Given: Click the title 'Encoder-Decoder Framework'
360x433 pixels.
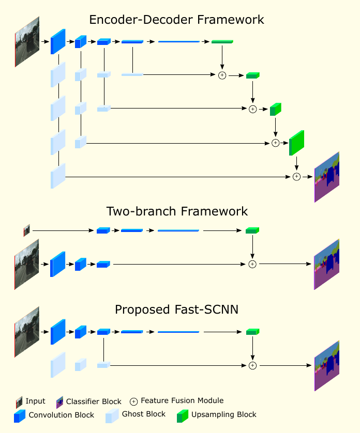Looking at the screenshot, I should tap(177, 20).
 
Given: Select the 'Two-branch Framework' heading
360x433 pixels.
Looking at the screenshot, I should tap(177, 211).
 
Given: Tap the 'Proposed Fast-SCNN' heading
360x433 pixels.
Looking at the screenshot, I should tap(177, 310).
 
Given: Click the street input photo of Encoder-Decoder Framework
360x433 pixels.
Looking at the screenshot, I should tap(27, 42).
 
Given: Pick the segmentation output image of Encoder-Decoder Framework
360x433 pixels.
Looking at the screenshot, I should tap(326, 177).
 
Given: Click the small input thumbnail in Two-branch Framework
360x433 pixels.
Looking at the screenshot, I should tap(27, 230).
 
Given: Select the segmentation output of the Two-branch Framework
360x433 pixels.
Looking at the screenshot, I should tap(326, 264).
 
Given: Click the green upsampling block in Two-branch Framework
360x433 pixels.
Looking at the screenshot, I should tap(252, 230).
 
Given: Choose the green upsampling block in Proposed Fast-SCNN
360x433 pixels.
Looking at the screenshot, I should tap(252, 331).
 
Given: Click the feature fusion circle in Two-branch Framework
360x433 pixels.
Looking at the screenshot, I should tap(252, 264).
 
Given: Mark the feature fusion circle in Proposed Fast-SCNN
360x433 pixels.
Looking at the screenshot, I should tap(252, 365).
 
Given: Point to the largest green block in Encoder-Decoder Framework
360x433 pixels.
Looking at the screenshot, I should tap(297, 143).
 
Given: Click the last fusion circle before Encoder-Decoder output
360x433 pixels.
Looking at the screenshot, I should tap(296, 177).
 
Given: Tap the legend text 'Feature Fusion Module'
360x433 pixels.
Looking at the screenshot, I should tap(182, 400).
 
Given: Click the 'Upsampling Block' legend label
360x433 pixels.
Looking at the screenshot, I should tap(223, 414).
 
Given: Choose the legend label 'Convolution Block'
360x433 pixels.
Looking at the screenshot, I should tap(62, 415).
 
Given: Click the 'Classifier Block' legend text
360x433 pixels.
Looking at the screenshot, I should tap(94, 401).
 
